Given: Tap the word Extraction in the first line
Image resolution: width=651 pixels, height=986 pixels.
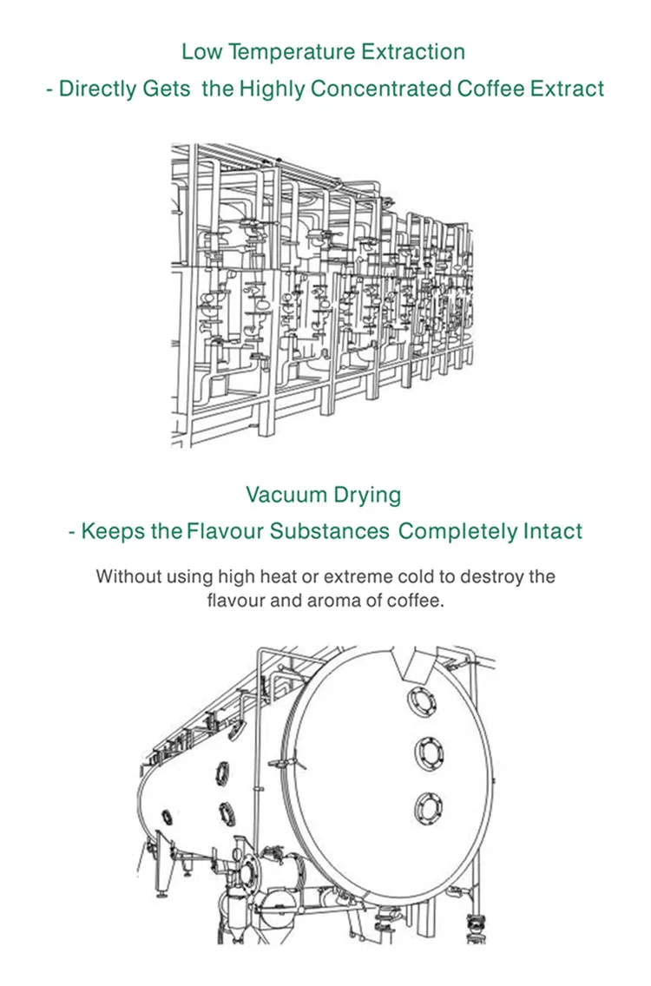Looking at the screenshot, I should coord(413,52).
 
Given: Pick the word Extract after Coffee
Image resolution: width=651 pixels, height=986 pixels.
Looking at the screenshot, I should coord(566,89).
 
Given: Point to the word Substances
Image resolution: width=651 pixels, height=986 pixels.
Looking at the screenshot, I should coord(329,531).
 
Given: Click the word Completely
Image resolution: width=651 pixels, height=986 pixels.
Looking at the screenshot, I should coord(457,531).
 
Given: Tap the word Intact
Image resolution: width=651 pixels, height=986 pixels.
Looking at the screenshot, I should coord(552,531).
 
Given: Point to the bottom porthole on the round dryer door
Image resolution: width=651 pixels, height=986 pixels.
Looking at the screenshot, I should coord(430,805).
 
